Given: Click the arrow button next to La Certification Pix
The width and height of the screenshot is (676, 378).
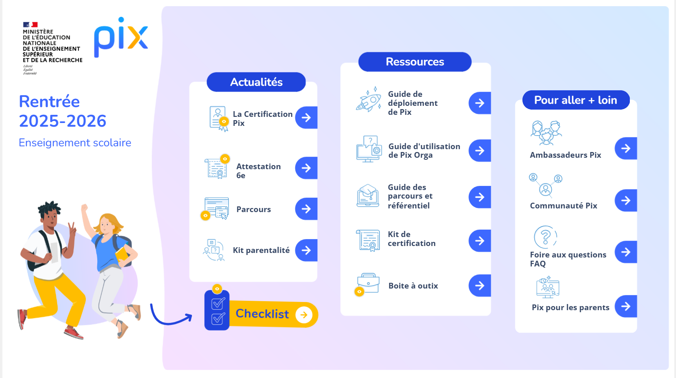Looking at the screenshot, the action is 306,117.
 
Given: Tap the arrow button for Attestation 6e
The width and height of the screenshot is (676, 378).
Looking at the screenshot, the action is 306,168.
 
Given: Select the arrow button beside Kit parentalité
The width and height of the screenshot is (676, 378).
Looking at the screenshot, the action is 306,250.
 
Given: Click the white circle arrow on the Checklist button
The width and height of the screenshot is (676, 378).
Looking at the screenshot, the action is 304,315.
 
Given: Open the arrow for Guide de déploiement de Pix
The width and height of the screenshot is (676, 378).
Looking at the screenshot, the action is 480,103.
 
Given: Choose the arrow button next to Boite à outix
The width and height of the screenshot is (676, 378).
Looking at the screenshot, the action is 480,285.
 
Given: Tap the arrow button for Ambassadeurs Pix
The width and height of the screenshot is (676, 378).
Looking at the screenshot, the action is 626,148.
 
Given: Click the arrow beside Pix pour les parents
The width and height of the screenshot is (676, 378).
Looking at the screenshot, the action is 626,306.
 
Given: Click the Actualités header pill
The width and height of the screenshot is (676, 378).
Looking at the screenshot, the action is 256,82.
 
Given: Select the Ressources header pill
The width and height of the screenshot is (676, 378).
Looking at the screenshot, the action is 415,62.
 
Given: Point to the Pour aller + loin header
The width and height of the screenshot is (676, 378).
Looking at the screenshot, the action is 576,100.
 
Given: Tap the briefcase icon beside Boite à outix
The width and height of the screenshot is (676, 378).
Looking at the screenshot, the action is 368,283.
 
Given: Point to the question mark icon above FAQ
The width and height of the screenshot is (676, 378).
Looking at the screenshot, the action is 545,237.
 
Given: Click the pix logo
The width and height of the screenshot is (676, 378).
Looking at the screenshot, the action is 121,37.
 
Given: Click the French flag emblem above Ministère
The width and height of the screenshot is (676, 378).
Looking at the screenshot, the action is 31,25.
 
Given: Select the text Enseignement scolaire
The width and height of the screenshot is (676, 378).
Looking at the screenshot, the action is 75,143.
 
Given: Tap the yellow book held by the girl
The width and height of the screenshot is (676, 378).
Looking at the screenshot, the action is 122,254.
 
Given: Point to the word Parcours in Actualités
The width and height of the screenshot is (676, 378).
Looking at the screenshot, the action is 254,209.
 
